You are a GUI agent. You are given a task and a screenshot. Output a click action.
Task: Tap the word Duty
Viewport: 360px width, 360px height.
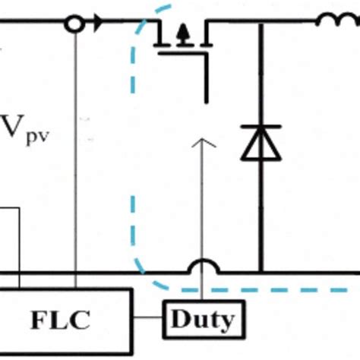coord(202,320)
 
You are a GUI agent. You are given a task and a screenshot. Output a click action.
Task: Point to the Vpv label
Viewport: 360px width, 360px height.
coord(25,130)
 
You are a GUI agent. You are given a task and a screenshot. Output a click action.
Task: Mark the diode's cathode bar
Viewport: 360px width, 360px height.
coord(261,126)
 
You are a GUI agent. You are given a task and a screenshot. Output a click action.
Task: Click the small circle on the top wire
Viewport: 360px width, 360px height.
coord(74,24)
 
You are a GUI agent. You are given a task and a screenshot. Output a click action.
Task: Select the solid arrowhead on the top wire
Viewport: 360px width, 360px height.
coord(98,23)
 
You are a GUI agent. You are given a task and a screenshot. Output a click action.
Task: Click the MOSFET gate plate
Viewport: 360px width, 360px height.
coord(183,53)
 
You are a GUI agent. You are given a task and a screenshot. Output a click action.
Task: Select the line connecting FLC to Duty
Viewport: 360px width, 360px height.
coord(148,317)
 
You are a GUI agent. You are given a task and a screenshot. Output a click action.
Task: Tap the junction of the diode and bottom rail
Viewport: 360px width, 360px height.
coord(261,273)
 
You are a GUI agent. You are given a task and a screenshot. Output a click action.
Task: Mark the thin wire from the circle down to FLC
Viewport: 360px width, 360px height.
coord(75,160)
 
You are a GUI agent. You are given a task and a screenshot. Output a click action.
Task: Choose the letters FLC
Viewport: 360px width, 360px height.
coord(60,320)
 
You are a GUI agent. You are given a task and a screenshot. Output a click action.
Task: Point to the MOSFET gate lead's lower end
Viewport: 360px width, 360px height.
coord(207,103)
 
